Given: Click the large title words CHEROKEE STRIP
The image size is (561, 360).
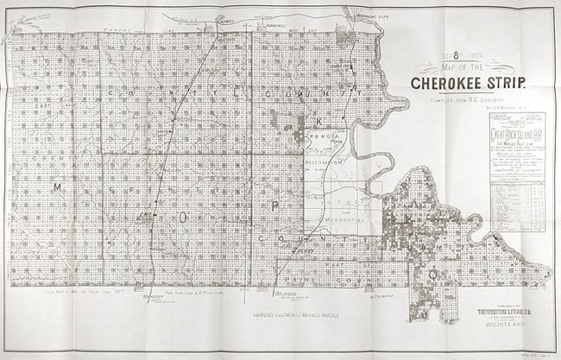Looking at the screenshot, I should [464, 85].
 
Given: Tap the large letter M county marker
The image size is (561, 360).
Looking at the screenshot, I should [56, 187].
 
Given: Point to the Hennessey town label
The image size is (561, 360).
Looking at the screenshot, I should [155, 296].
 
